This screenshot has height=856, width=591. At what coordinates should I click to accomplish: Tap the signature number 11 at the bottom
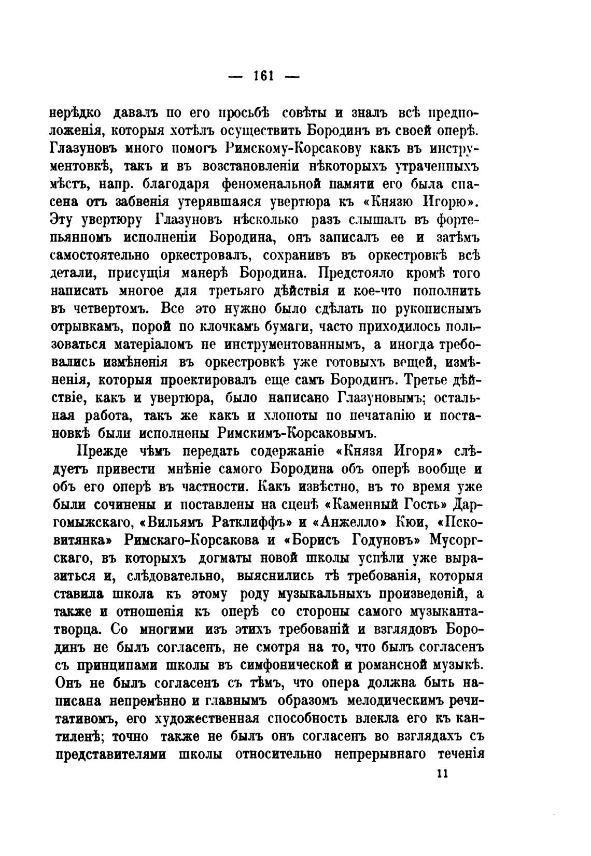click(442, 773)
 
